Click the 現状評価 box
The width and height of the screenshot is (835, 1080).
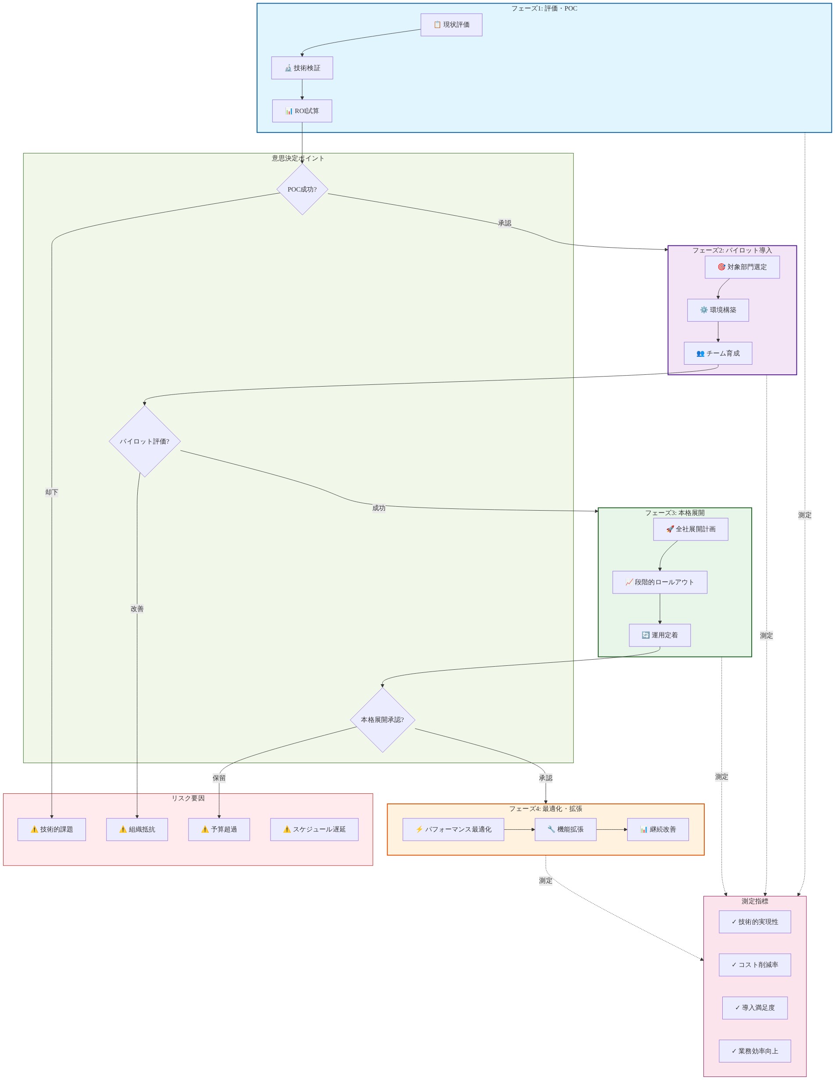click(x=451, y=25)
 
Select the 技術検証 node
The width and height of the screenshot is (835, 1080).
click(x=302, y=68)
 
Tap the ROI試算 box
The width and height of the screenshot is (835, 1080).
click(x=302, y=111)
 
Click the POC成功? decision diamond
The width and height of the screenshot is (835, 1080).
click(x=302, y=189)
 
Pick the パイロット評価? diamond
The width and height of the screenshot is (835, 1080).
click(x=144, y=441)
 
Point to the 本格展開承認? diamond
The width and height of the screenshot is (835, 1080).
click(x=382, y=720)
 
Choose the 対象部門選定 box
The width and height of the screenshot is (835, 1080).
click(x=742, y=267)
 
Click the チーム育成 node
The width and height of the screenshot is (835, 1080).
click(x=718, y=353)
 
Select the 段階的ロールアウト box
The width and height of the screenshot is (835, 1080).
click(x=660, y=582)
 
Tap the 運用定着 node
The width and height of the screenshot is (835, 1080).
click(x=660, y=635)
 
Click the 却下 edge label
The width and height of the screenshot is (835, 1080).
click(x=51, y=492)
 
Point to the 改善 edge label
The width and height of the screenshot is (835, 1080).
click(x=137, y=609)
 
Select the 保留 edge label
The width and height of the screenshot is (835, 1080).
click(x=219, y=778)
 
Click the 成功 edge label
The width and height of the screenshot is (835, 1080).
click(x=379, y=508)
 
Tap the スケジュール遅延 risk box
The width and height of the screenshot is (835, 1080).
click(x=314, y=829)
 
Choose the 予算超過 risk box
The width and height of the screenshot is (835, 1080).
click(x=219, y=829)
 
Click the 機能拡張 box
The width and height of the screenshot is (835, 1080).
click(x=565, y=829)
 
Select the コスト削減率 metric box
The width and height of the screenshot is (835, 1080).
click(x=755, y=965)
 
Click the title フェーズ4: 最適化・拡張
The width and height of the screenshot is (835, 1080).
click(x=546, y=809)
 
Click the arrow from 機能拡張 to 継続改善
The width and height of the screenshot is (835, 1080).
click(x=612, y=829)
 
